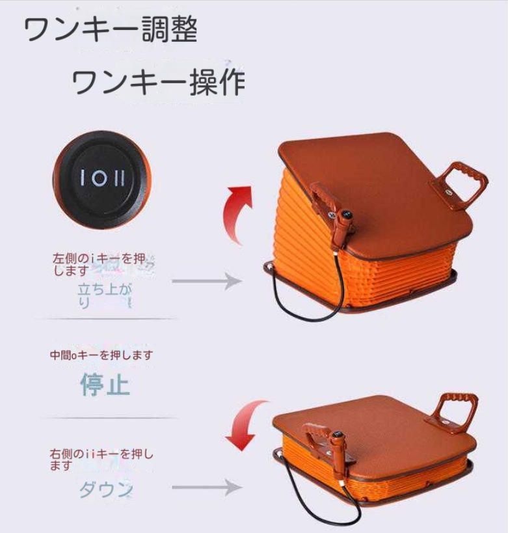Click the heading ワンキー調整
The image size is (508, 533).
pyautogui.click(x=111, y=30)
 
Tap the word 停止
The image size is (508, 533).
pyautogui.click(x=105, y=385)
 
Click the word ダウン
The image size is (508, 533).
pyautogui.click(x=105, y=489)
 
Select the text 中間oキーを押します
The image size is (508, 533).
pyautogui.click(x=101, y=355)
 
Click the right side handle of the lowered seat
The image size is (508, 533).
pyautogui.click(x=459, y=409)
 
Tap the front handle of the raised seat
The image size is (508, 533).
pyautogui.click(x=328, y=205)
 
